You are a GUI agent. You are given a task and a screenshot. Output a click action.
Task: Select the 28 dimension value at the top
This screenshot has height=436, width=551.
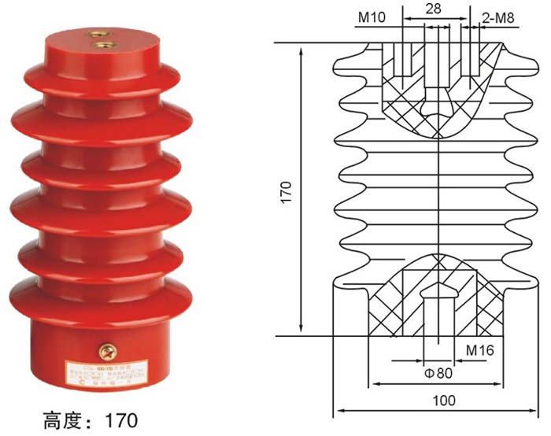(x=432, y=9)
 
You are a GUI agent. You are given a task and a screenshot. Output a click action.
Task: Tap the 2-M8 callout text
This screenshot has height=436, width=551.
(x=498, y=16)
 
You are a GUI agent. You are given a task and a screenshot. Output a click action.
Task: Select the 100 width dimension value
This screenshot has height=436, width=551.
(x=444, y=400)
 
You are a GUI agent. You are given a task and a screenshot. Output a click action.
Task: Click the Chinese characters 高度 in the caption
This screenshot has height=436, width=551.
(x=61, y=416)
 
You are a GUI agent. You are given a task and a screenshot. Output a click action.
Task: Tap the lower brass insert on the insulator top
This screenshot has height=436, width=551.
(x=102, y=46)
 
